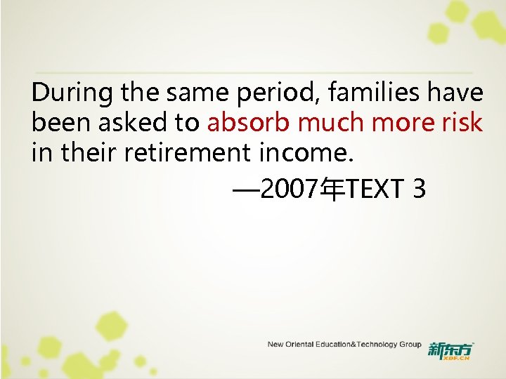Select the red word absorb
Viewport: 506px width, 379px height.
pos(249,123)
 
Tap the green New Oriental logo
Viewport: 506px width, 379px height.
pos(450,350)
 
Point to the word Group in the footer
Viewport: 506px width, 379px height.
pos(410,345)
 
